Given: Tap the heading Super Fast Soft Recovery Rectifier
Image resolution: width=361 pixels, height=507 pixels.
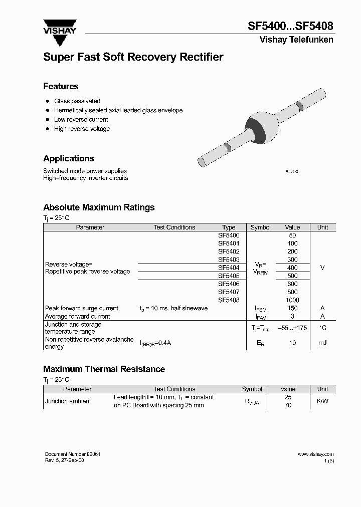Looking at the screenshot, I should pyautogui.click(x=133, y=57).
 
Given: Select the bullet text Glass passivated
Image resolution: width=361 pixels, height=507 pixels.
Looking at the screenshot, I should pyautogui.click(x=77, y=101).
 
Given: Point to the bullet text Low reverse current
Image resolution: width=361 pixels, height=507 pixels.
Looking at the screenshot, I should pyautogui.click(x=81, y=120).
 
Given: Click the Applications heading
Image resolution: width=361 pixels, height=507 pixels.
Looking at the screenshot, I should pyautogui.click(x=69, y=158).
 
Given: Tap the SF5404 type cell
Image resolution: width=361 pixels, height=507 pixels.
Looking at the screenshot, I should pyautogui.click(x=229, y=268).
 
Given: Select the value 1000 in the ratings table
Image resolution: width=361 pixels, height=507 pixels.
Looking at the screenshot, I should pyautogui.click(x=292, y=300).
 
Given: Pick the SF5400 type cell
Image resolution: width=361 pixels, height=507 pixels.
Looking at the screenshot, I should pyautogui.click(x=229, y=235).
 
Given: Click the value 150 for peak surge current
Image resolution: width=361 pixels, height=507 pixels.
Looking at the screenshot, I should pyautogui.click(x=292, y=308).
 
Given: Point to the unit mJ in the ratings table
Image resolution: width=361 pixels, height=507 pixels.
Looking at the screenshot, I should pyautogui.click(x=322, y=343).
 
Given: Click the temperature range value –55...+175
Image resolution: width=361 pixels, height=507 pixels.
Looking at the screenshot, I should pyautogui.click(x=292, y=328).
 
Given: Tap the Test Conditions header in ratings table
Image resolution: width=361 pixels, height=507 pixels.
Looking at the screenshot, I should pyautogui.click(x=174, y=227).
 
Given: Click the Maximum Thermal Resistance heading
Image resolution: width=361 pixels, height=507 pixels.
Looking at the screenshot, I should pyautogui.click(x=104, y=369).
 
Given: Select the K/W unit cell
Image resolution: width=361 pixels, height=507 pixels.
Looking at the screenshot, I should pyautogui.click(x=322, y=401).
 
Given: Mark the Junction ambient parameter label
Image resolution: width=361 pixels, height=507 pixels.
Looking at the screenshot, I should pyautogui.click(x=68, y=401).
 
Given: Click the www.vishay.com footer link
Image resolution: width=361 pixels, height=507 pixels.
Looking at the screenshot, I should pyautogui.click(x=315, y=454).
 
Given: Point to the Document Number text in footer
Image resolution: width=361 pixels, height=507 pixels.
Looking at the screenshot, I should pyautogui.click(x=73, y=454).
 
